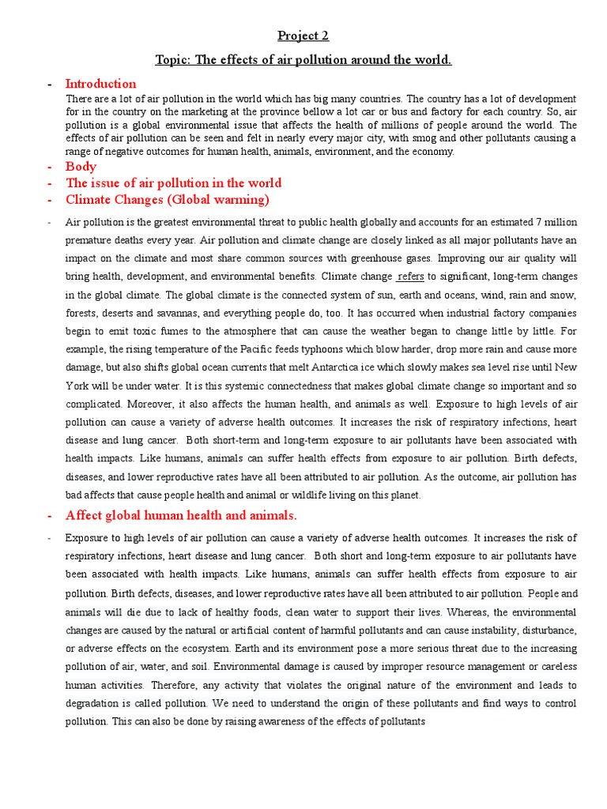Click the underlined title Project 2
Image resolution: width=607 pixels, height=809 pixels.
(303, 36)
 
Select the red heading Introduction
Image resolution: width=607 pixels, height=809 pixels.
(100, 84)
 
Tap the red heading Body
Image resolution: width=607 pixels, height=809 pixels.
(81, 167)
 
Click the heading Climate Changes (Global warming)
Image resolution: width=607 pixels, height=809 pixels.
(167, 198)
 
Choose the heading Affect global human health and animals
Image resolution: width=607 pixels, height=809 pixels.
(181, 516)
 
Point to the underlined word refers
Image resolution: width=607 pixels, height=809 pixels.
(410, 277)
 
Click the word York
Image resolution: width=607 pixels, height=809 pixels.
(77, 386)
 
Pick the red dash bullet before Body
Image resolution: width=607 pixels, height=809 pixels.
(50, 167)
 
